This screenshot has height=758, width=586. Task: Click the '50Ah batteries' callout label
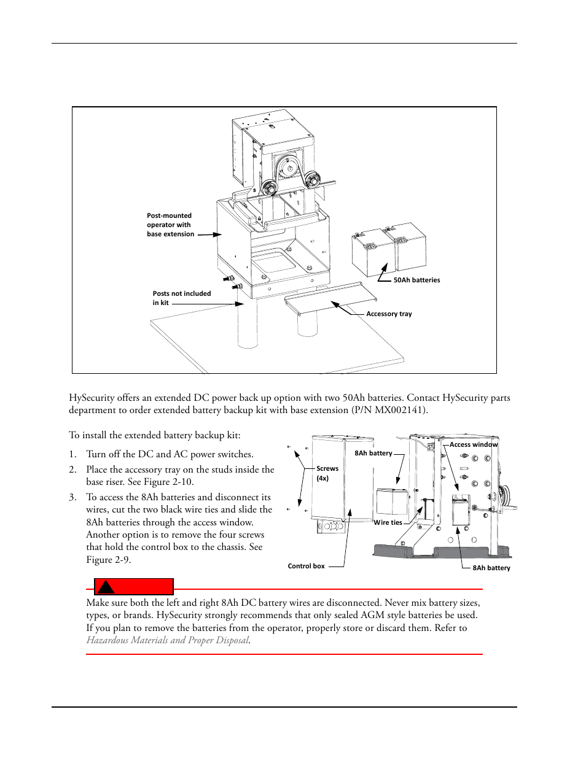[416, 280]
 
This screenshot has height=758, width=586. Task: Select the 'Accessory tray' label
[389, 314]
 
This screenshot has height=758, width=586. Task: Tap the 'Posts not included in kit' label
[181, 298]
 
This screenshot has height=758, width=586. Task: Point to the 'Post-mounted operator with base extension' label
[170, 225]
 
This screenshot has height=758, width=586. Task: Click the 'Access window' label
[473, 444]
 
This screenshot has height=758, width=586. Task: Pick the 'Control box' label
[306, 566]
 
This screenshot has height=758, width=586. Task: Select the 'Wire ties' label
[388, 522]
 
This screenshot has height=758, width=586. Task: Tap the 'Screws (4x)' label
[327, 473]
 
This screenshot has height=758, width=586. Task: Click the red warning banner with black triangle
[133, 586]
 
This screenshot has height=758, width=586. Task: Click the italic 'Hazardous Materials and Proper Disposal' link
[168, 640]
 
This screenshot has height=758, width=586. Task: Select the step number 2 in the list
[72, 470]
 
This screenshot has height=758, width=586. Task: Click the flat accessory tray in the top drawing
[330, 298]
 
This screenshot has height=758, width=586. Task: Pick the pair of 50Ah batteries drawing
[388, 250]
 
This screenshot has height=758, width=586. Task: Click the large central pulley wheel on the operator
[286, 167]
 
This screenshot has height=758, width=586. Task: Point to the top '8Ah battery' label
[373, 453]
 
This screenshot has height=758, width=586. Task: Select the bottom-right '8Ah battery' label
[491, 568]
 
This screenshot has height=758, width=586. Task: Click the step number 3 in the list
[72, 497]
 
